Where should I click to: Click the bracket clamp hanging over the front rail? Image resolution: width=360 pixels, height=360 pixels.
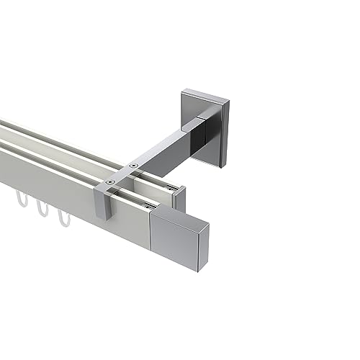[106, 205]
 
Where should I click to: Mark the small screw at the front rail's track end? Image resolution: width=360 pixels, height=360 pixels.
[152, 208]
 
